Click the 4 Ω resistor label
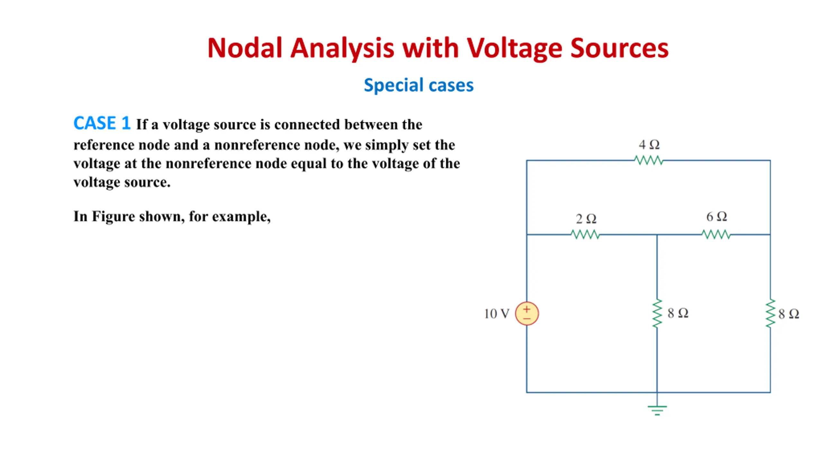(x=649, y=145)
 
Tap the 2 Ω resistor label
(x=586, y=219)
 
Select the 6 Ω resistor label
(x=716, y=217)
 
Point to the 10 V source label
(x=496, y=314)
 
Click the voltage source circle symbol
(x=527, y=313)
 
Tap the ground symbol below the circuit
(x=657, y=410)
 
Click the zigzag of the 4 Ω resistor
(x=649, y=160)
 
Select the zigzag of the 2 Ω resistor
(x=585, y=234)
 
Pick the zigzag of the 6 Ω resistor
(x=716, y=234)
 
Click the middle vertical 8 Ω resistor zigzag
(x=657, y=313)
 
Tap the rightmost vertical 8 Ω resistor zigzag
(x=770, y=313)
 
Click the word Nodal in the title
(x=245, y=48)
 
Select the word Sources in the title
(x=619, y=48)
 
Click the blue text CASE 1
(x=102, y=123)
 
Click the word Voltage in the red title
(x=515, y=48)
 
